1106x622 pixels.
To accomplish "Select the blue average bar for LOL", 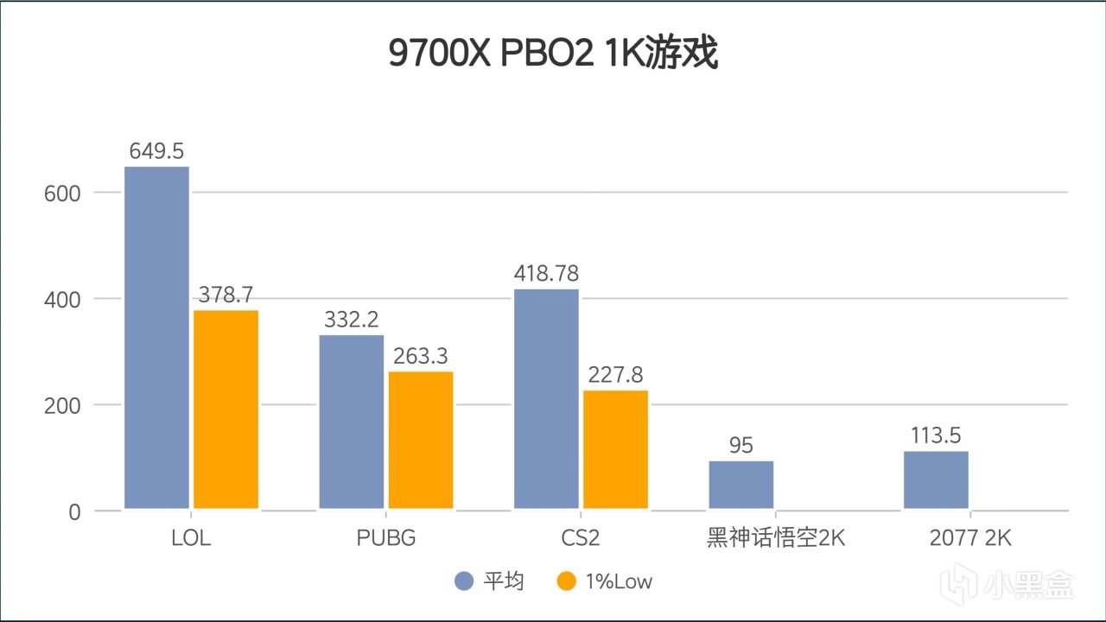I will click(156, 337).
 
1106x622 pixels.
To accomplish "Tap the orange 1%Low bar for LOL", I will click(226, 409).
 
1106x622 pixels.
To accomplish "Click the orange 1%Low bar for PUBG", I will click(421, 440).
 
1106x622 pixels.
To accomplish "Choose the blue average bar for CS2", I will click(546, 399).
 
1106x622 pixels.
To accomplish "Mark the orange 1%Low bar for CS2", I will click(615, 449).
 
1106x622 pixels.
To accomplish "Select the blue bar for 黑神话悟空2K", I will click(741, 485).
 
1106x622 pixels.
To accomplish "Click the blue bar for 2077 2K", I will click(936, 479).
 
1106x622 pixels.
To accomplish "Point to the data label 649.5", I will click(156, 151).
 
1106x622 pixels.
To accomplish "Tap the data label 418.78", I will click(546, 274).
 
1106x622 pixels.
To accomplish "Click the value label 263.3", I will click(421, 356).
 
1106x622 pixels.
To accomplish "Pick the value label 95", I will click(741, 446).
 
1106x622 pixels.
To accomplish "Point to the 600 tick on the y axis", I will click(61, 193).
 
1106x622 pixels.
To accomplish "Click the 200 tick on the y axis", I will click(61, 405).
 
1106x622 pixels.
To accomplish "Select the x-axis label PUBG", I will click(386, 538).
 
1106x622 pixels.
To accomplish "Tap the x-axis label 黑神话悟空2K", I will click(775, 538).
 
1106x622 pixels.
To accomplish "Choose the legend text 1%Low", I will click(618, 581).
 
